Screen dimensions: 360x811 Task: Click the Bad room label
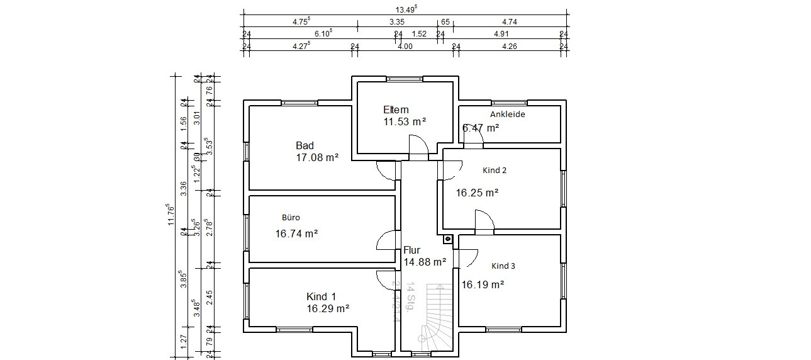(x=305, y=146)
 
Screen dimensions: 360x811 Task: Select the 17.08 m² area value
(x=317, y=157)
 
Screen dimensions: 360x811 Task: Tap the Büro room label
(x=291, y=218)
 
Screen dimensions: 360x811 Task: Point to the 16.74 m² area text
(x=296, y=233)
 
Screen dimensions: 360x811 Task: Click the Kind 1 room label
(x=321, y=296)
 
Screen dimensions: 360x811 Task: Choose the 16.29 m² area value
(x=328, y=308)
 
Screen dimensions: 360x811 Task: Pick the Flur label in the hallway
(x=411, y=250)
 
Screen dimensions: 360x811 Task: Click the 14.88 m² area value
(x=425, y=262)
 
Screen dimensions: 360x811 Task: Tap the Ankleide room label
(x=507, y=115)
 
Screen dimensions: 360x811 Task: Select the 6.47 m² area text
(x=481, y=128)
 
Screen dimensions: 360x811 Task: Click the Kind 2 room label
(x=494, y=171)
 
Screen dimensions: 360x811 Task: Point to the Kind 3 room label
(x=503, y=266)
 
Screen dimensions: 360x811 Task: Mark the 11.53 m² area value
(x=405, y=121)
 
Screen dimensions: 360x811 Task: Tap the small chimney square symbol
(x=447, y=239)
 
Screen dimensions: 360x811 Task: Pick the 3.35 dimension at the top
(x=397, y=21)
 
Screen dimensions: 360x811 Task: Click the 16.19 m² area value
(x=483, y=284)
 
